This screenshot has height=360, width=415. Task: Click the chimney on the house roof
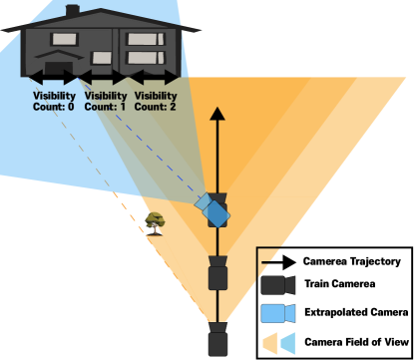pos(73,10)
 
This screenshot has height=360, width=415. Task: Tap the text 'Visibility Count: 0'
pos(54,101)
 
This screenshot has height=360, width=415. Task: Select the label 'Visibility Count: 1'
pos(106,101)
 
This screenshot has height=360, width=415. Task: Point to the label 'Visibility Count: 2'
pos(155,101)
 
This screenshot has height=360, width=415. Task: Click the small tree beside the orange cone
pos(155,221)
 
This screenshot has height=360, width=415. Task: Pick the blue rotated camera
pos(213,209)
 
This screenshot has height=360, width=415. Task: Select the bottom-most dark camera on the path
pos(217,340)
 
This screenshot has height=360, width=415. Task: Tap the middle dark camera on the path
pos(217,273)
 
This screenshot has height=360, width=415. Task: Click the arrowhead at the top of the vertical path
pos(217,114)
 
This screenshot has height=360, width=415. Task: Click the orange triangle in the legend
pos(269,344)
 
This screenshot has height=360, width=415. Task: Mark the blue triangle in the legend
pos(287,344)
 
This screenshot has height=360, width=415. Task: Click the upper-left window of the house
pos(64,39)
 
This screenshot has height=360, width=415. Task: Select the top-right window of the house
pos(143,39)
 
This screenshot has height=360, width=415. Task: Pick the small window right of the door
pos(101,58)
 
